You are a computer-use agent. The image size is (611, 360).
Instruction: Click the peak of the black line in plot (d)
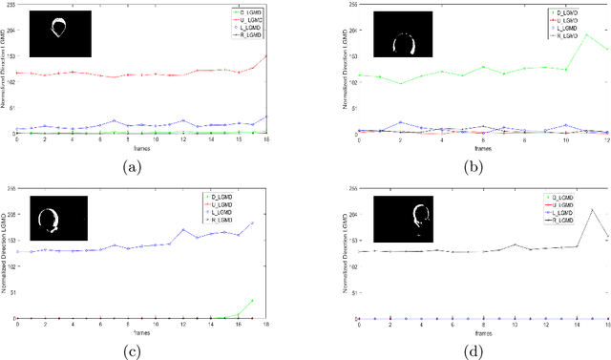tap(593, 209)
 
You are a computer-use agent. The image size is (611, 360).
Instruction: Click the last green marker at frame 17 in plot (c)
tap(252, 301)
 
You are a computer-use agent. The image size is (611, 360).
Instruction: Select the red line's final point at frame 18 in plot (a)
tap(266, 55)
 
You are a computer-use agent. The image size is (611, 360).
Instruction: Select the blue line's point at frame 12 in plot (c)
tap(183, 229)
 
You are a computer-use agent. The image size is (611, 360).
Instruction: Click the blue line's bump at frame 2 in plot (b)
tap(399, 122)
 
